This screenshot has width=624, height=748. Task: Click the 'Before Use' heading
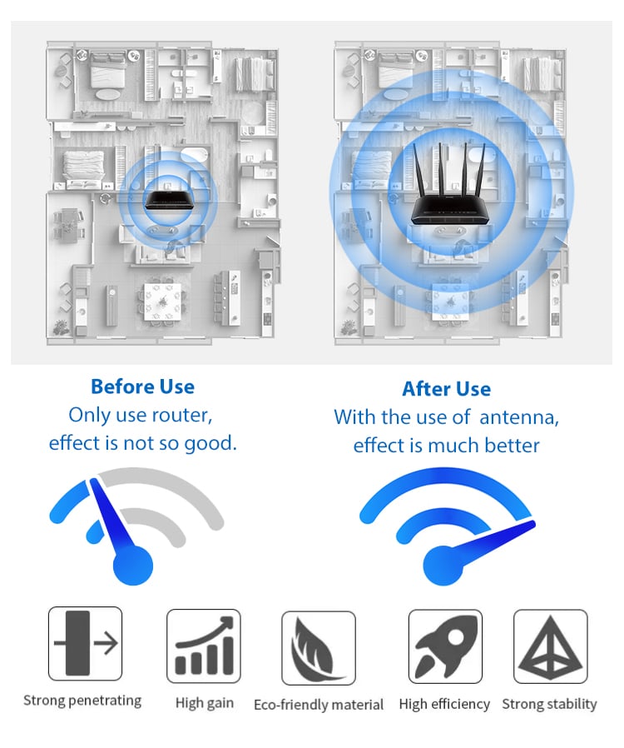coord(142,386)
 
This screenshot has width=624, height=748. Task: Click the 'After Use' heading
coord(446,389)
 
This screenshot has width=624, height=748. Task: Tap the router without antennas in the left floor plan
coord(170,201)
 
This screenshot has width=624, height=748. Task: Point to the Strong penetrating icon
coord(85,644)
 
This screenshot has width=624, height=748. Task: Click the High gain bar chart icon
coord(204,646)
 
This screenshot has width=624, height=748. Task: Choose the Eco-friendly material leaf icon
coord(319,648)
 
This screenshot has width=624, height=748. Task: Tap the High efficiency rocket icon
coord(445,646)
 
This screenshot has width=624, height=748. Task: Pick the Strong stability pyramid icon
coord(551,646)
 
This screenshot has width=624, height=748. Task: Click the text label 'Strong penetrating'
coord(82,701)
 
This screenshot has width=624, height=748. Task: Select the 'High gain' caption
coord(205,703)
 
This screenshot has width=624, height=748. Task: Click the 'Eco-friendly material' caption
coord(319,705)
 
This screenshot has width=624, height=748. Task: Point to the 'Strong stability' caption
coord(549,704)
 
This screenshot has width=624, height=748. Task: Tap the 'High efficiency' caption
coord(444,704)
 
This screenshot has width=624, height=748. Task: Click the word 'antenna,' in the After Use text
coord(519,417)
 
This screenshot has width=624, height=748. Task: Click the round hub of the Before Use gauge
coord(133,566)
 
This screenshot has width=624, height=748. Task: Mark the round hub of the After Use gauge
coord(443,566)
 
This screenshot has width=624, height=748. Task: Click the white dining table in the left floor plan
coord(162,302)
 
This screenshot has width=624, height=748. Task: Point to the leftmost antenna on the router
coord(418,169)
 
